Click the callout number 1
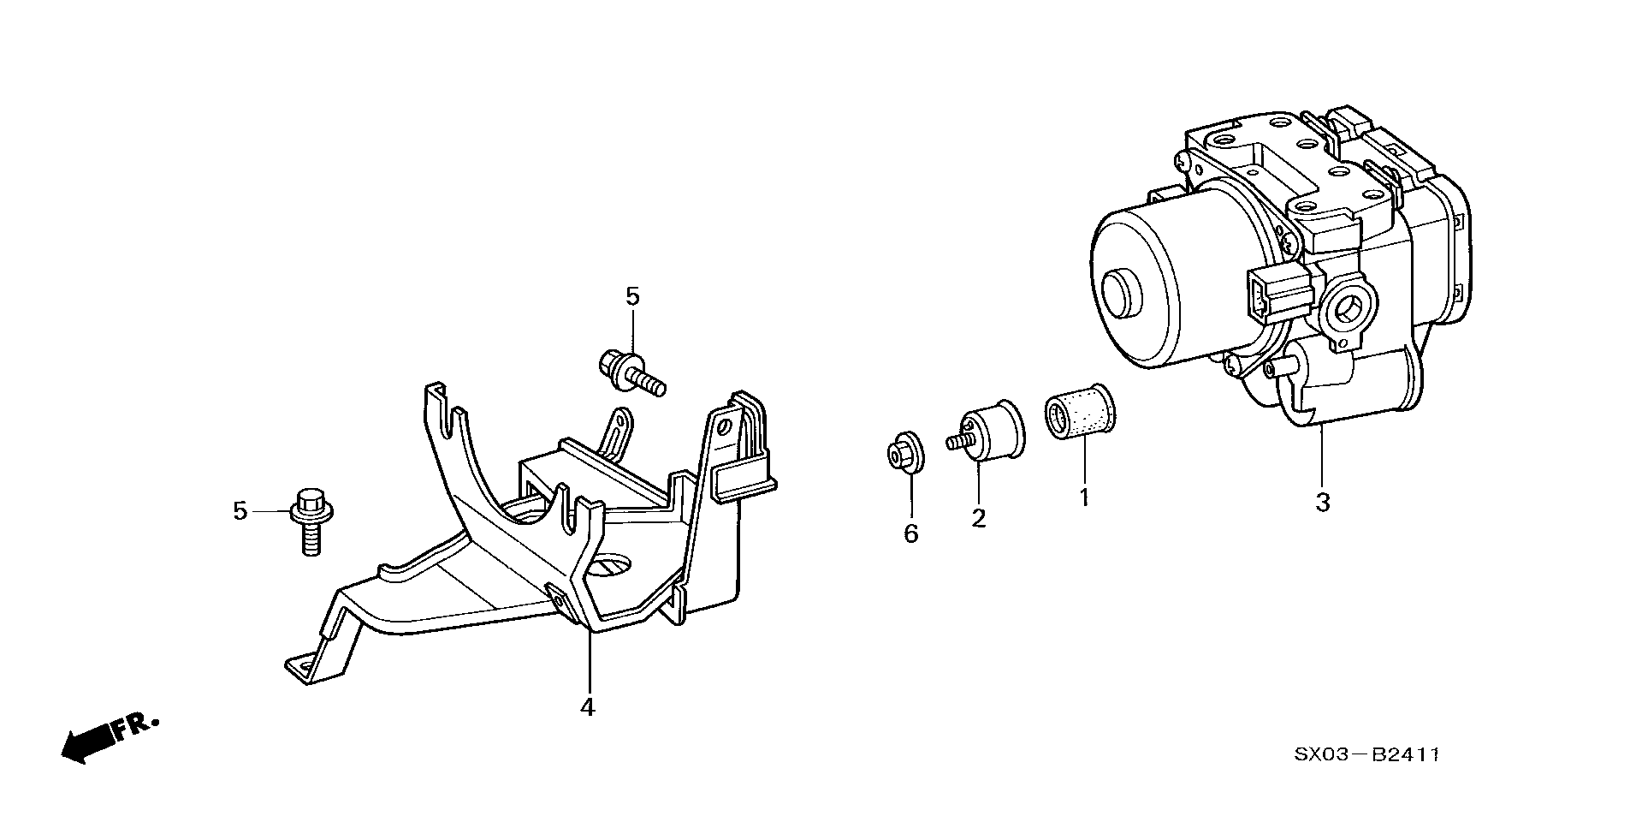click(1083, 497)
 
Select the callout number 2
click(978, 517)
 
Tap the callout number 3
click(1323, 503)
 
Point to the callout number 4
click(587, 707)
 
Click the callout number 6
click(910, 533)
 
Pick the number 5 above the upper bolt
click(632, 297)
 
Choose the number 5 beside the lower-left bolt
click(240, 511)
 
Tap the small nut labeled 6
click(903, 454)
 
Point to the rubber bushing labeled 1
click(1079, 411)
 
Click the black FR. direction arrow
click(87, 742)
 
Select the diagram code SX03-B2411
click(1366, 754)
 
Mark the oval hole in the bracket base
click(611, 565)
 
